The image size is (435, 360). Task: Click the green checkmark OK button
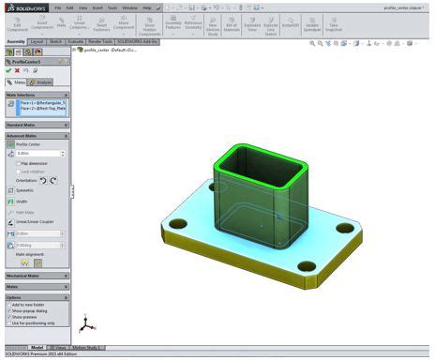pos(8,70)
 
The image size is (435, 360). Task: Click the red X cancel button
pos(18,70)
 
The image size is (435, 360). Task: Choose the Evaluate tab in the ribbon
pos(78,42)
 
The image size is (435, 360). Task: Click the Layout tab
pos(37,42)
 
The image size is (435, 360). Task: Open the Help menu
pos(146,7)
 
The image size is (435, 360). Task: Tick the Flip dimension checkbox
pos(20,163)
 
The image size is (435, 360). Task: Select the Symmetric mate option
pos(26,190)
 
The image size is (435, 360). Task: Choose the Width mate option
pos(22,201)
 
